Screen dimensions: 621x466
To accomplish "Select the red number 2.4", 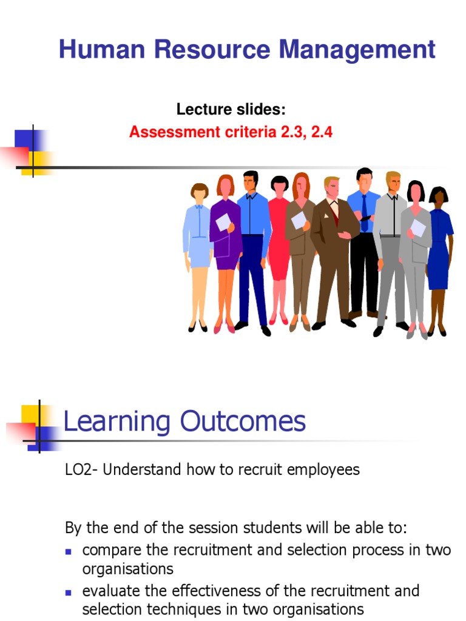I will click(322, 132).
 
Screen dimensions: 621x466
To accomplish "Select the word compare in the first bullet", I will click(108, 551).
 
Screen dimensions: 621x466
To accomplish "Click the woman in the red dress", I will click(279, 243).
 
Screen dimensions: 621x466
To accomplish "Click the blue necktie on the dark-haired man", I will click(364, 209).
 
